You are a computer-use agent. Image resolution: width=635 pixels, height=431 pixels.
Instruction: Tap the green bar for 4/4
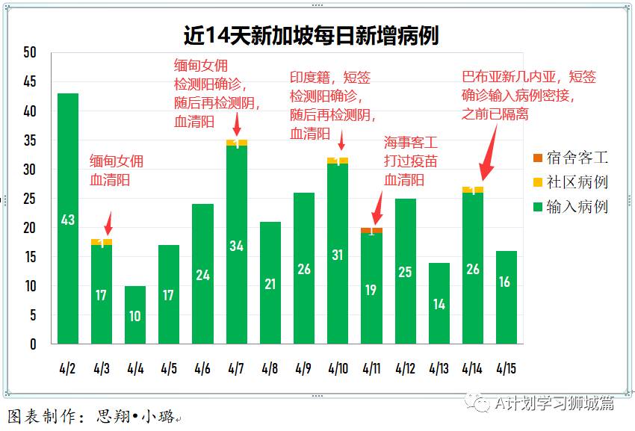tap(135, 314)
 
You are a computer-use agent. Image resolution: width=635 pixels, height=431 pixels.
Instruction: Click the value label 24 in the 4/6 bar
tap(203, 274)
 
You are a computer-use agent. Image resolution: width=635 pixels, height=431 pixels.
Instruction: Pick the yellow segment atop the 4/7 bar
tap(237, 143)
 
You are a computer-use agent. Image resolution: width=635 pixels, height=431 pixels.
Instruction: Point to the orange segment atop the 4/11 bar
tap(372, 229)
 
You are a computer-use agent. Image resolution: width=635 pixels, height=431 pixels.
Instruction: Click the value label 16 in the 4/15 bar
tap(507, 282)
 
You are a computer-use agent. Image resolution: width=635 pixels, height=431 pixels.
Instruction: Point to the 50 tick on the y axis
tap(30, 52)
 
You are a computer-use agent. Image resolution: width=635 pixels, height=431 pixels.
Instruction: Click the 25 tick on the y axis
tap(30, 199)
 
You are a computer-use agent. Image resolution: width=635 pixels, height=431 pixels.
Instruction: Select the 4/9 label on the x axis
tap(303, 368)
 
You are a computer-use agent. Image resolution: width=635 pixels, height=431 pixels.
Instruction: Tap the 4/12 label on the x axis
tap(405, 368)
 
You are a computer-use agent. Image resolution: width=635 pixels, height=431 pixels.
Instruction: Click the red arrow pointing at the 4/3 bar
tap(108, 223)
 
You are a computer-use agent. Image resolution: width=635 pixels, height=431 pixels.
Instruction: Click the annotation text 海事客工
tap(410, 141)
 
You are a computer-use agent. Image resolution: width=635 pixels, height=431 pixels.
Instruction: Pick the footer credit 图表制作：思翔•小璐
tap(93, 416)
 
